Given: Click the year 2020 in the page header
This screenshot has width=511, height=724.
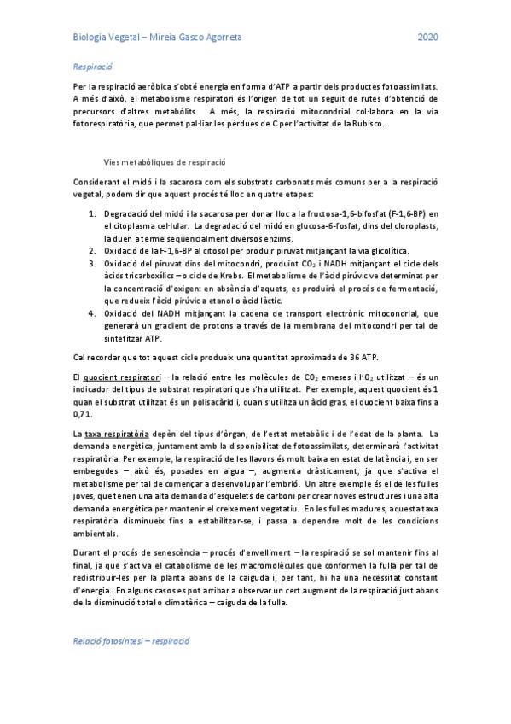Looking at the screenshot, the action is click(x=428, y=38).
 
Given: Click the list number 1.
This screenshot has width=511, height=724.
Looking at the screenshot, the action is click(x=93, y=213).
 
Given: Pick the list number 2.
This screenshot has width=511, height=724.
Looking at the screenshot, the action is click(x=93, y=250).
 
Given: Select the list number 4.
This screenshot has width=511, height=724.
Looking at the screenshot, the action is click(x=93, y=313).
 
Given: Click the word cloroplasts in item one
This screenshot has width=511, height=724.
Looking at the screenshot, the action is click(x=412, y=225).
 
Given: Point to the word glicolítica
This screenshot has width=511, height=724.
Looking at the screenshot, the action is click(x=386, y=250).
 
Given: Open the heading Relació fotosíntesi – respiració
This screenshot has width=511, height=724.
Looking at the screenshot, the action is click(x=129, y=639).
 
